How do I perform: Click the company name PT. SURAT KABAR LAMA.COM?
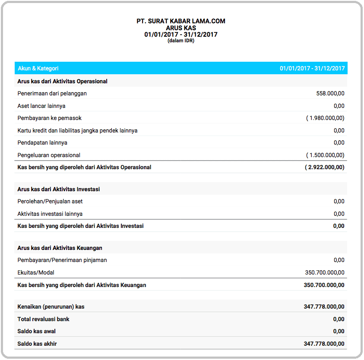(181, 21)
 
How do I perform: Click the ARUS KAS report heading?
(181, 28)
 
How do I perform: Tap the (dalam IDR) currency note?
(181, 41)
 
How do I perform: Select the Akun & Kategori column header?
(38, 68)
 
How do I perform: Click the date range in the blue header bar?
(312, 68)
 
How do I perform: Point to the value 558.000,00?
(330, 93)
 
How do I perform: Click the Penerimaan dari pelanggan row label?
(52, 93)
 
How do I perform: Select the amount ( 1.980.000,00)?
(325, 118)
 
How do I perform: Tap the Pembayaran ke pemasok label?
(49, 118)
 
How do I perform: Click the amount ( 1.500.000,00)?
(325, 155)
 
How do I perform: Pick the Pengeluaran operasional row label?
(49, 155)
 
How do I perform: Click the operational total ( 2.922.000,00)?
(325, 167)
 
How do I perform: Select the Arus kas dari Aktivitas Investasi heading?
(59, 189)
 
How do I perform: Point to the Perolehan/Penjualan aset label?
(50, 201)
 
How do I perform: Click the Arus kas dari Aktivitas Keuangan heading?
(60, 248)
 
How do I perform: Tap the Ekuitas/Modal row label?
(36, 272)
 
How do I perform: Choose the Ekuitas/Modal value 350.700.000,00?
(325, 272)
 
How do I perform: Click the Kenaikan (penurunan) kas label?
(51, 306)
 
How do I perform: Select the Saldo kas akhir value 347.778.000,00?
(324, 344)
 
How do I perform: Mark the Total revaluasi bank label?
(43, 319)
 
